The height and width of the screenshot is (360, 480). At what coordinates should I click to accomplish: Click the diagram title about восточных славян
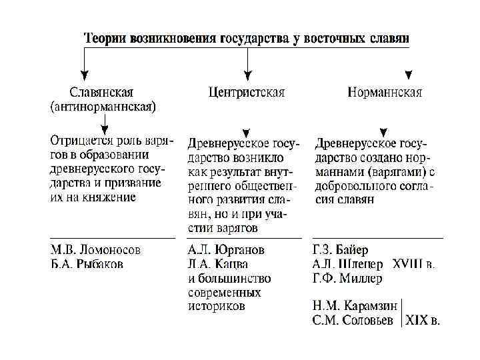click(247, 37)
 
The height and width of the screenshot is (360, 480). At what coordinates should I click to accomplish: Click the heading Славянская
click(102, 92)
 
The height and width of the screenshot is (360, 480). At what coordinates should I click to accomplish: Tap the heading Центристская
click(246, 93)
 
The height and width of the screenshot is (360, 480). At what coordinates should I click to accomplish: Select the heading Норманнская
click(385, 93)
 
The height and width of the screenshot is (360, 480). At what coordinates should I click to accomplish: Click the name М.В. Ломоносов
click(96, 251)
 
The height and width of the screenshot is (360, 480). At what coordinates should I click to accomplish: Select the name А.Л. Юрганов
click(226, 251)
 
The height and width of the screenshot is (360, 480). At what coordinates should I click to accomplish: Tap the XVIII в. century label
click(414, 265)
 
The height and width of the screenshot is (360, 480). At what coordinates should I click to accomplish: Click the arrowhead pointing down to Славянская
click(83, 75)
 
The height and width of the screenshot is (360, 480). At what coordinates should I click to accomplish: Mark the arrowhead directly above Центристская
click(247, 75)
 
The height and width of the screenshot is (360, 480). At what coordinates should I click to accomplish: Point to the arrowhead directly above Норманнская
click(409, 75)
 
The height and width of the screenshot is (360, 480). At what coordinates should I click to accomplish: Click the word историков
click(216, 307)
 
